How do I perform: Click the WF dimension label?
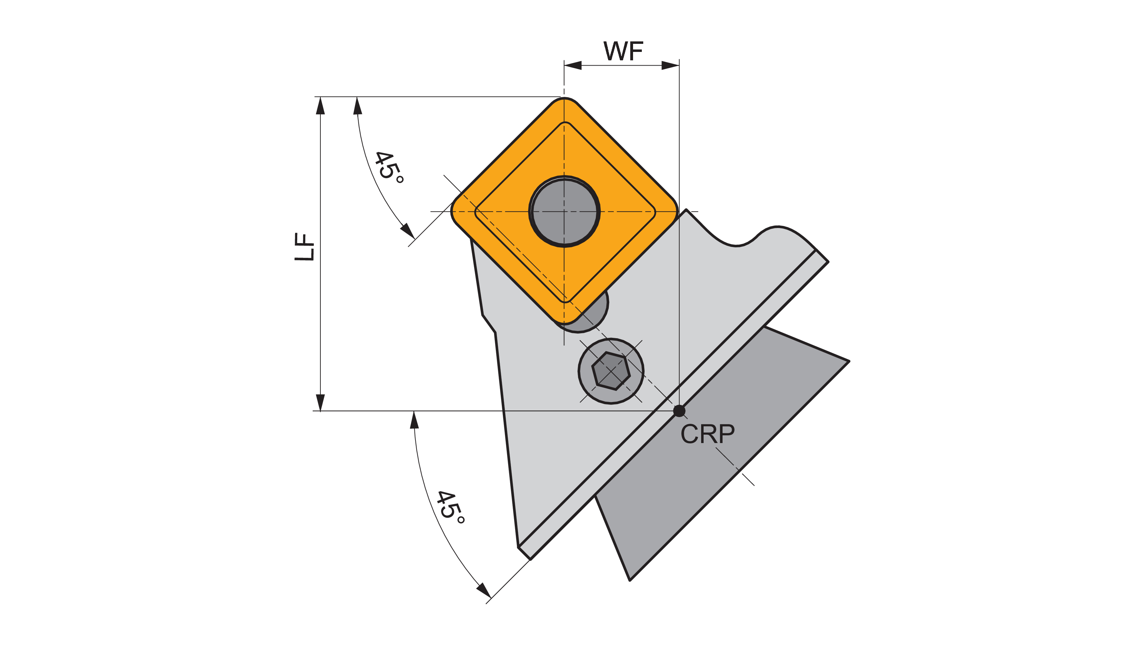623,51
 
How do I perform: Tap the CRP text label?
707,434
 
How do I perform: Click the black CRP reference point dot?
679,411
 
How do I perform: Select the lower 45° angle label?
450,507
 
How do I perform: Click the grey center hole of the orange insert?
564,212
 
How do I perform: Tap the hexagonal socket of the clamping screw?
611,371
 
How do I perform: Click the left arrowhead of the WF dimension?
573,65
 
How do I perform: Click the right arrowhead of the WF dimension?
671,65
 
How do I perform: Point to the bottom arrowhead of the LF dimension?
320,402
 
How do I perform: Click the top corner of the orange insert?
564,99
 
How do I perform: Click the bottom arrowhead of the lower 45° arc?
484,590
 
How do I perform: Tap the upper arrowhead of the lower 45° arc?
414,420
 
